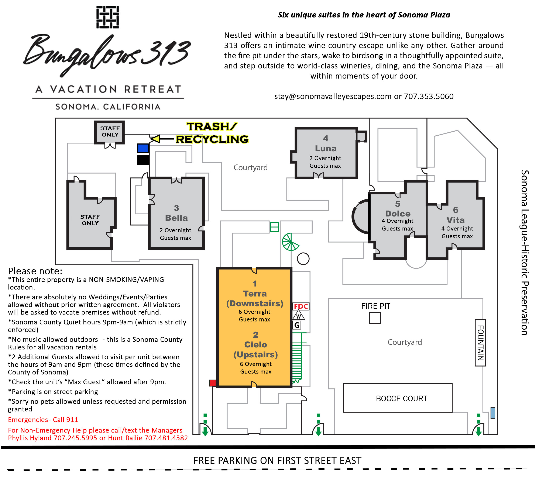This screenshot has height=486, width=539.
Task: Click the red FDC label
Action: tap(301, 306)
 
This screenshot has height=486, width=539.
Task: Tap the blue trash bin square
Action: tap(143, 148)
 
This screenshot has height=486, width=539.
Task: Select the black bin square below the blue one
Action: tap(143, 160)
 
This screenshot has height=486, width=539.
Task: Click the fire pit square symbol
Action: tap(375, 318)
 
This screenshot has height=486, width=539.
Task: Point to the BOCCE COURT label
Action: tap(401, 398)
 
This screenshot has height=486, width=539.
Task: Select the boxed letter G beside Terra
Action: tap(297, 325)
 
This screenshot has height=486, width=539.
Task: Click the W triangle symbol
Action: tap(299, 316)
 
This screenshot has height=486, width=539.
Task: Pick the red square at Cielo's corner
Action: tap(213, 383)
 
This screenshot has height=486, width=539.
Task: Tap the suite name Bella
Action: tap(176, 218)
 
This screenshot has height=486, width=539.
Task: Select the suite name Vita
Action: tap(455, 220)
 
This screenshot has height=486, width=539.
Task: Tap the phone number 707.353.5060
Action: tap(429, 96)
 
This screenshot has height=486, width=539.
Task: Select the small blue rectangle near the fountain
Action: tap(493, 413)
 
